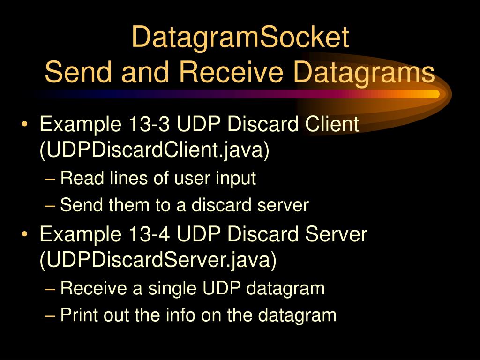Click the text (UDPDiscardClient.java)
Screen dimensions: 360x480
coord(155,151)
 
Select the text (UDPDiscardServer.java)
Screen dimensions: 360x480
coord(158,260)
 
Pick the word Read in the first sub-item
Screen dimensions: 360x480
coord(78,179)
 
